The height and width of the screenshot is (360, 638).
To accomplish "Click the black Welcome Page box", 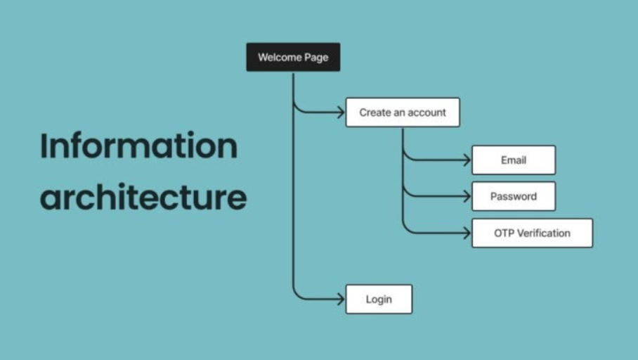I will click(x=293, y=57).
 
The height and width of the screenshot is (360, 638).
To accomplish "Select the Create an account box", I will click(x=403, y=112).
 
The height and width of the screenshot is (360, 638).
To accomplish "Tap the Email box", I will click(x=514, y=160).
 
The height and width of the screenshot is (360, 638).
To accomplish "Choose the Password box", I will click(x=514, y=197).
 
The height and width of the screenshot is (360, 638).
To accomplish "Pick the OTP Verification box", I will click(x=532, y=233).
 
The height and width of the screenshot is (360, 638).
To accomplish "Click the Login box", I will click(x=379, y=300).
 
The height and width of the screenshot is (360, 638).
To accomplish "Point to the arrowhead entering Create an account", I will click(x=341, y=112).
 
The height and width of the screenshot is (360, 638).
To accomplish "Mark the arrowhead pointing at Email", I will click(x=467, y=160).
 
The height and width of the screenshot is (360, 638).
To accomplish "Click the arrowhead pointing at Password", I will click(x=467, y=197).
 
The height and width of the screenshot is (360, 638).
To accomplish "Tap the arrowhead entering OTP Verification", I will click(x=467, y=233).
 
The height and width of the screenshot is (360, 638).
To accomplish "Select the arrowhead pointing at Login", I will click(x=341, y=300).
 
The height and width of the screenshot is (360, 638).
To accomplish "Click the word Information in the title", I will click(x=139, y=146).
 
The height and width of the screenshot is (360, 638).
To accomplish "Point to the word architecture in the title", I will click(x=143, y=198).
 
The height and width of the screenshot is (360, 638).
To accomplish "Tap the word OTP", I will click(x=504, y=233).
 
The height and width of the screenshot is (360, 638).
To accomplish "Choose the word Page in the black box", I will click(x=316, y=57).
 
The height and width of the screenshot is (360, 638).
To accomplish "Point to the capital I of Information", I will click(x=44, y=146).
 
